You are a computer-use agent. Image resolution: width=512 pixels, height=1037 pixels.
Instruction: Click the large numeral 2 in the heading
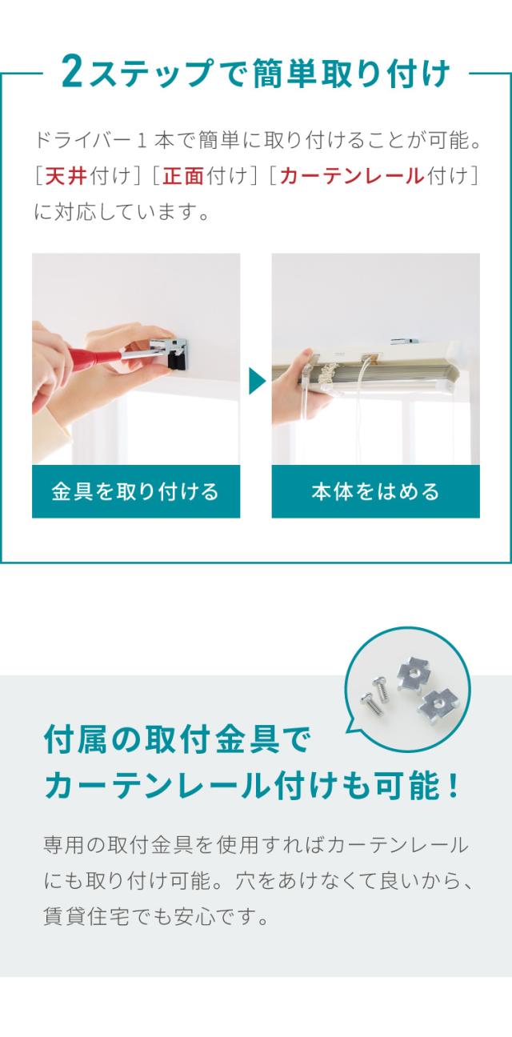(72, 72)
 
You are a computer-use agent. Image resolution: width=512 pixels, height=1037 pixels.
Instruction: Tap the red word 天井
(66, 176)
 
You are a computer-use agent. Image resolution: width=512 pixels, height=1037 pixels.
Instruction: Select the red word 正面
(183, 176)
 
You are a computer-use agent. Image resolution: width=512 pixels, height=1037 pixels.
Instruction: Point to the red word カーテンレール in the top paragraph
(352, 176)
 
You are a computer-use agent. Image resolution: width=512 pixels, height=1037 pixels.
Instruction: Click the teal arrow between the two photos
(257, 381)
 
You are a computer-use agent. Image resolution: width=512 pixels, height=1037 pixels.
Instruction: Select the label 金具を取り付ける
(135, 491)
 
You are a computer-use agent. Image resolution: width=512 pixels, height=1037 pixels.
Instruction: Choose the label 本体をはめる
(375, 491)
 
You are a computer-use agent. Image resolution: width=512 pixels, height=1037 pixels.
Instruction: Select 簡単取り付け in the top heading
(351, 73)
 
